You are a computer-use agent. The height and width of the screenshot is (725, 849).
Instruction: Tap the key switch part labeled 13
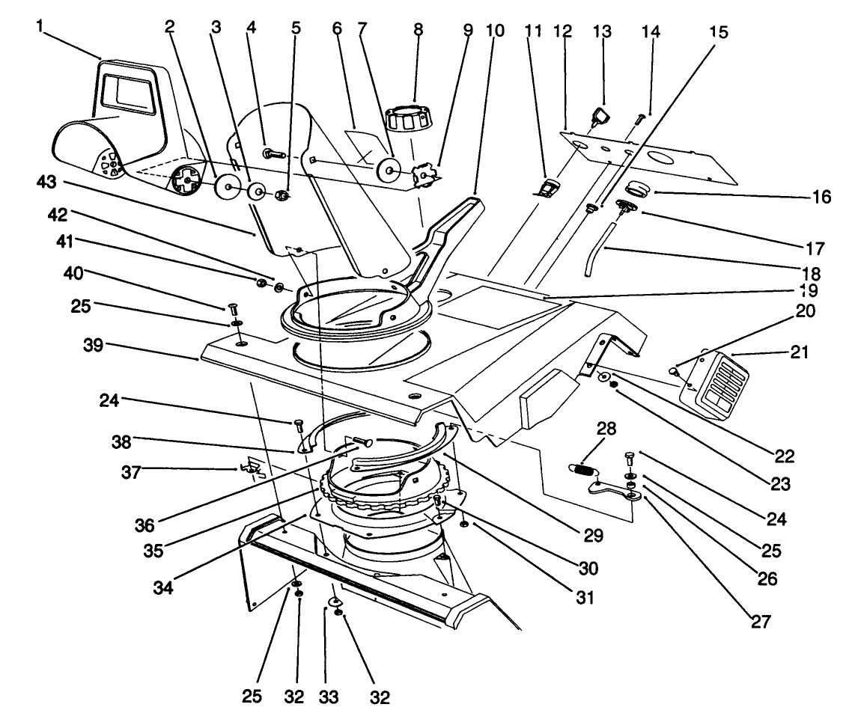coord(601,115)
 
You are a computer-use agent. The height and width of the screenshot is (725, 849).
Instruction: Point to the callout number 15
coord(718,34)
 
